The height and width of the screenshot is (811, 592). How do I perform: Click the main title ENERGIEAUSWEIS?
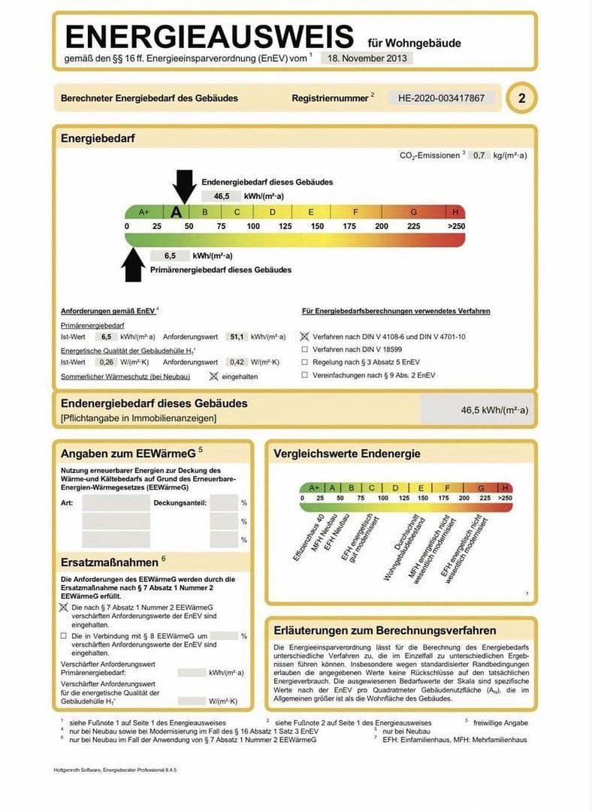(209, 37)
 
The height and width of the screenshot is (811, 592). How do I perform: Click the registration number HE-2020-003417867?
(441, 98)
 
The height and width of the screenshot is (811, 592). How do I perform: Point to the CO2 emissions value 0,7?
(479, 155)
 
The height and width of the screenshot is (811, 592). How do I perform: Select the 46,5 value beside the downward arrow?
(222, 196)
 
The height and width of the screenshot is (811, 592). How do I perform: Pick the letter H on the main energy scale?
(455, 212)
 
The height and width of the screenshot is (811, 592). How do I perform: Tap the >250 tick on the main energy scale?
(456, 226)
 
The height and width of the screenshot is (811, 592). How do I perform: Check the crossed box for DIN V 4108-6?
(304, 337)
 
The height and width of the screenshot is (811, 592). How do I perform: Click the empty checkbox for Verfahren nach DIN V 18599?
(304, 350)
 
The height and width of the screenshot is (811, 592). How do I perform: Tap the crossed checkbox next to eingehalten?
(213, 375)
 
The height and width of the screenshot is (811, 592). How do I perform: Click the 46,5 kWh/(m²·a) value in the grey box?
(494, 411)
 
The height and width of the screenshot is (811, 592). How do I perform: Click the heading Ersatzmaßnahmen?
(109, 562)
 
